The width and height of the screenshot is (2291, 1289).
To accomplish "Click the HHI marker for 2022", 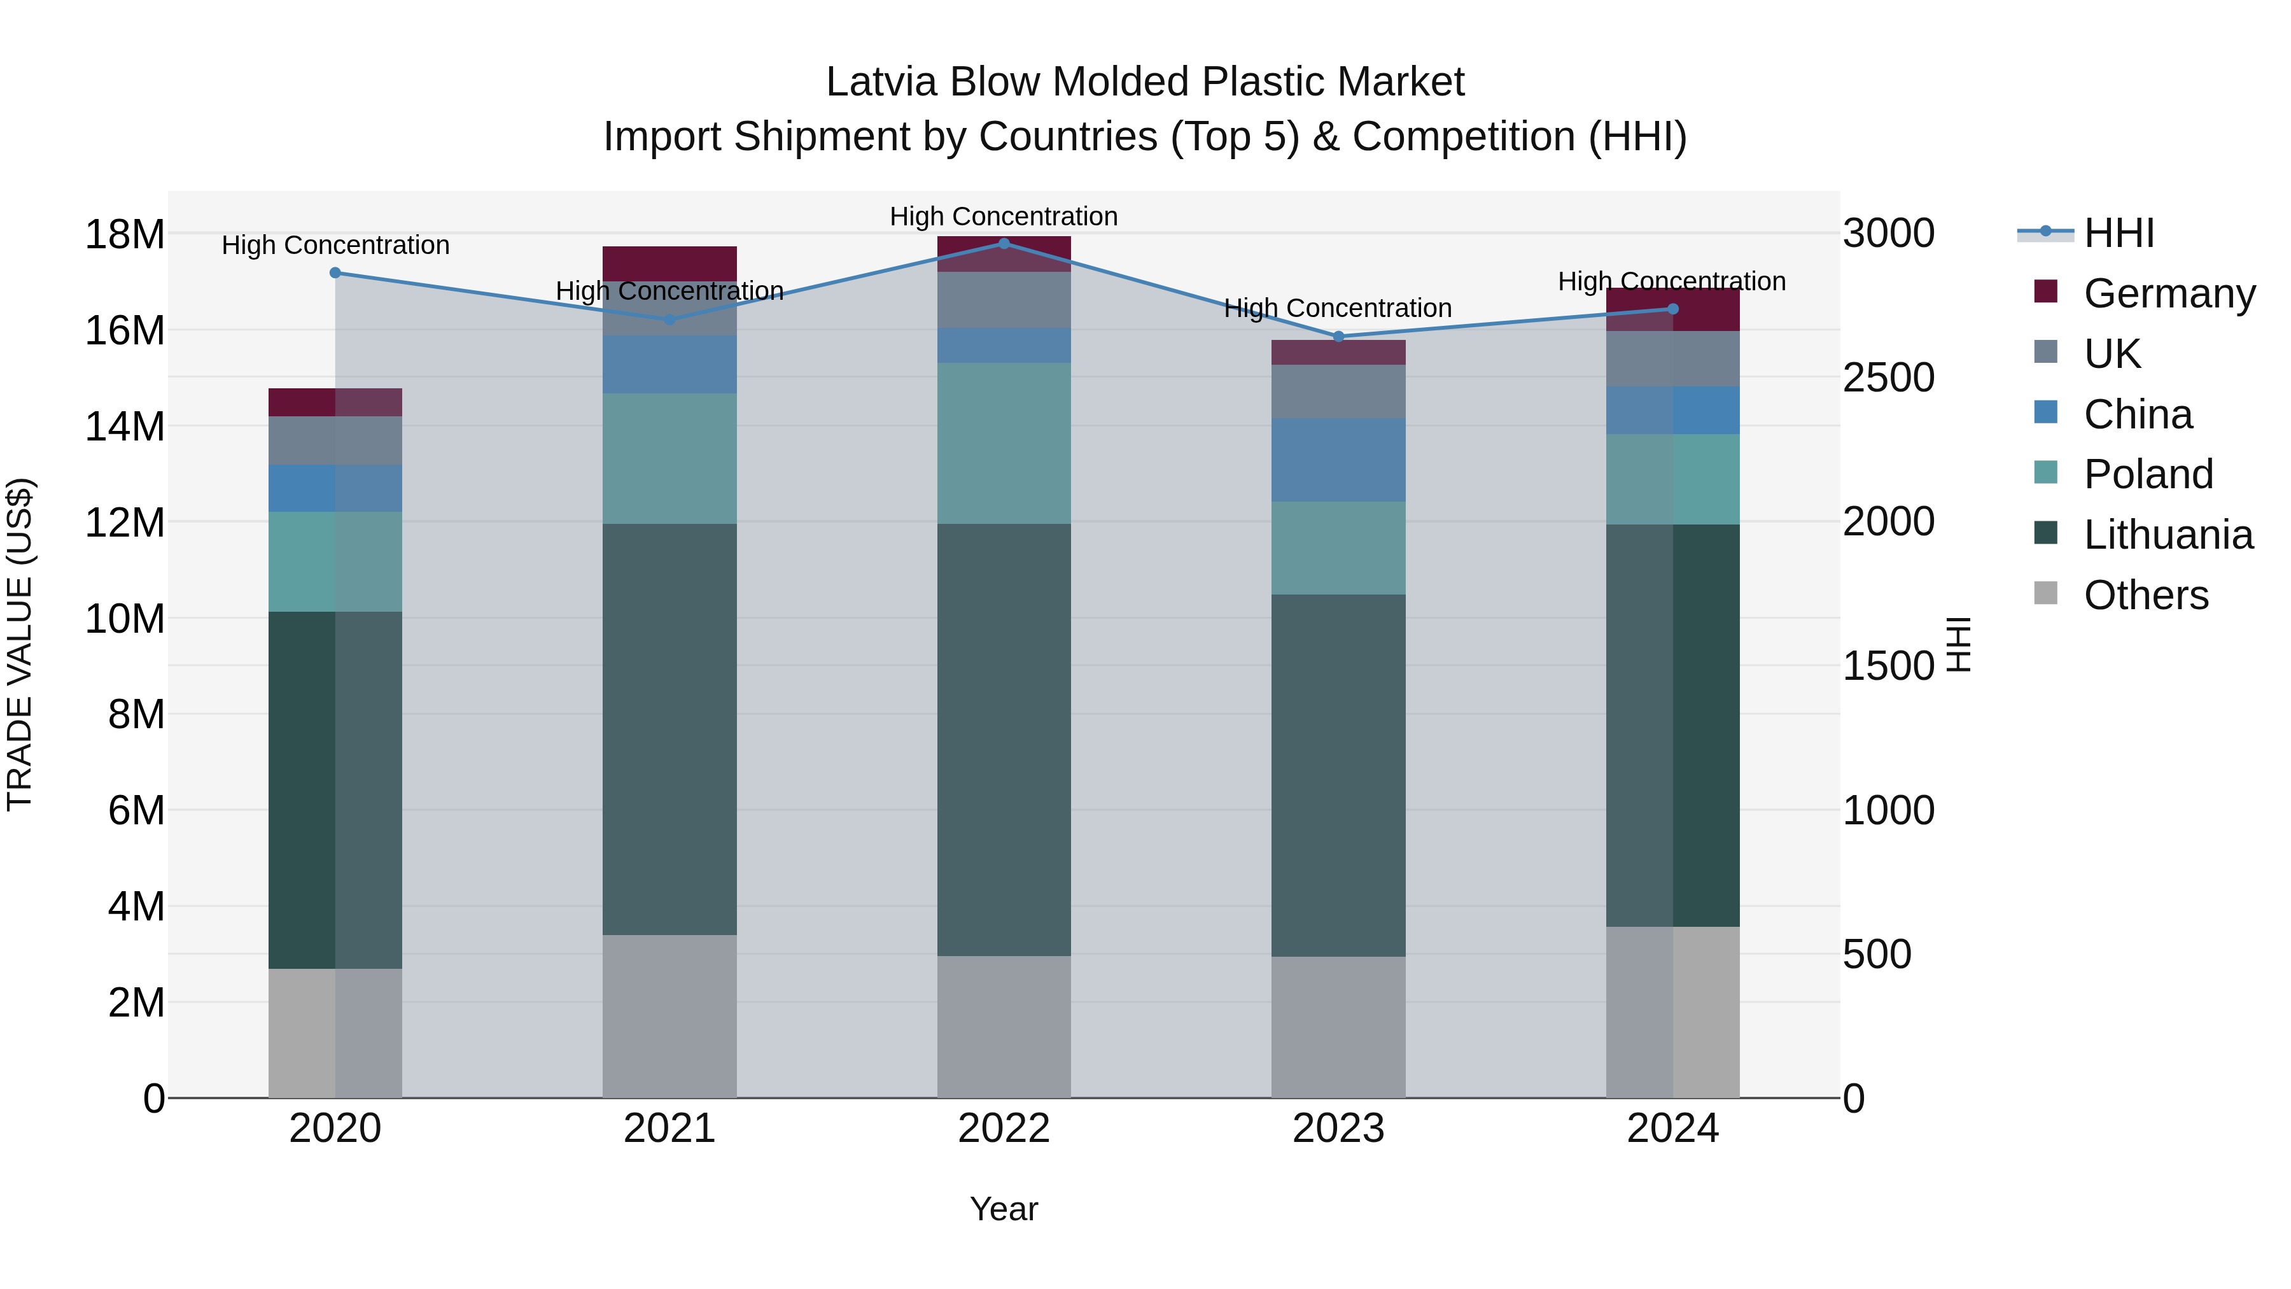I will point(1004,243).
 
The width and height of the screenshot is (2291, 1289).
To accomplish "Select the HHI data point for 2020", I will point(335,273).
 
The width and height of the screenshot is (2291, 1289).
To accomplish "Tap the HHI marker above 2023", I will point(1338,337).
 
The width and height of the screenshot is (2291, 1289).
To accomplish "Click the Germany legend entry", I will point(2168,293).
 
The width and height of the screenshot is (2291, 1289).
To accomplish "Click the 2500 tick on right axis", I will point(1888,378).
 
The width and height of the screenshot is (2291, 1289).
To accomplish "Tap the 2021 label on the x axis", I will point(669,1129).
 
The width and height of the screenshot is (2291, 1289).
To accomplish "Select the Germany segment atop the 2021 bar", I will point(669,264).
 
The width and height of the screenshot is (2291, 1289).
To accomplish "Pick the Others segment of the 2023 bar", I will point(1338,1027).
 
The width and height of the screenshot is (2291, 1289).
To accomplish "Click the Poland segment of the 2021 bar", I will point(669,458).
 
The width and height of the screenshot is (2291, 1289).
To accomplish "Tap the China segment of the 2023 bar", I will point(1338,460).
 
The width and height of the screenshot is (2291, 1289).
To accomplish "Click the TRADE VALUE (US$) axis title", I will point(20,644).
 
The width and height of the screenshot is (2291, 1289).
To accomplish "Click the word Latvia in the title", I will point(881,83).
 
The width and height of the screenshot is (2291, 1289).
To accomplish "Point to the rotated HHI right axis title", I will point(1960,644).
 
